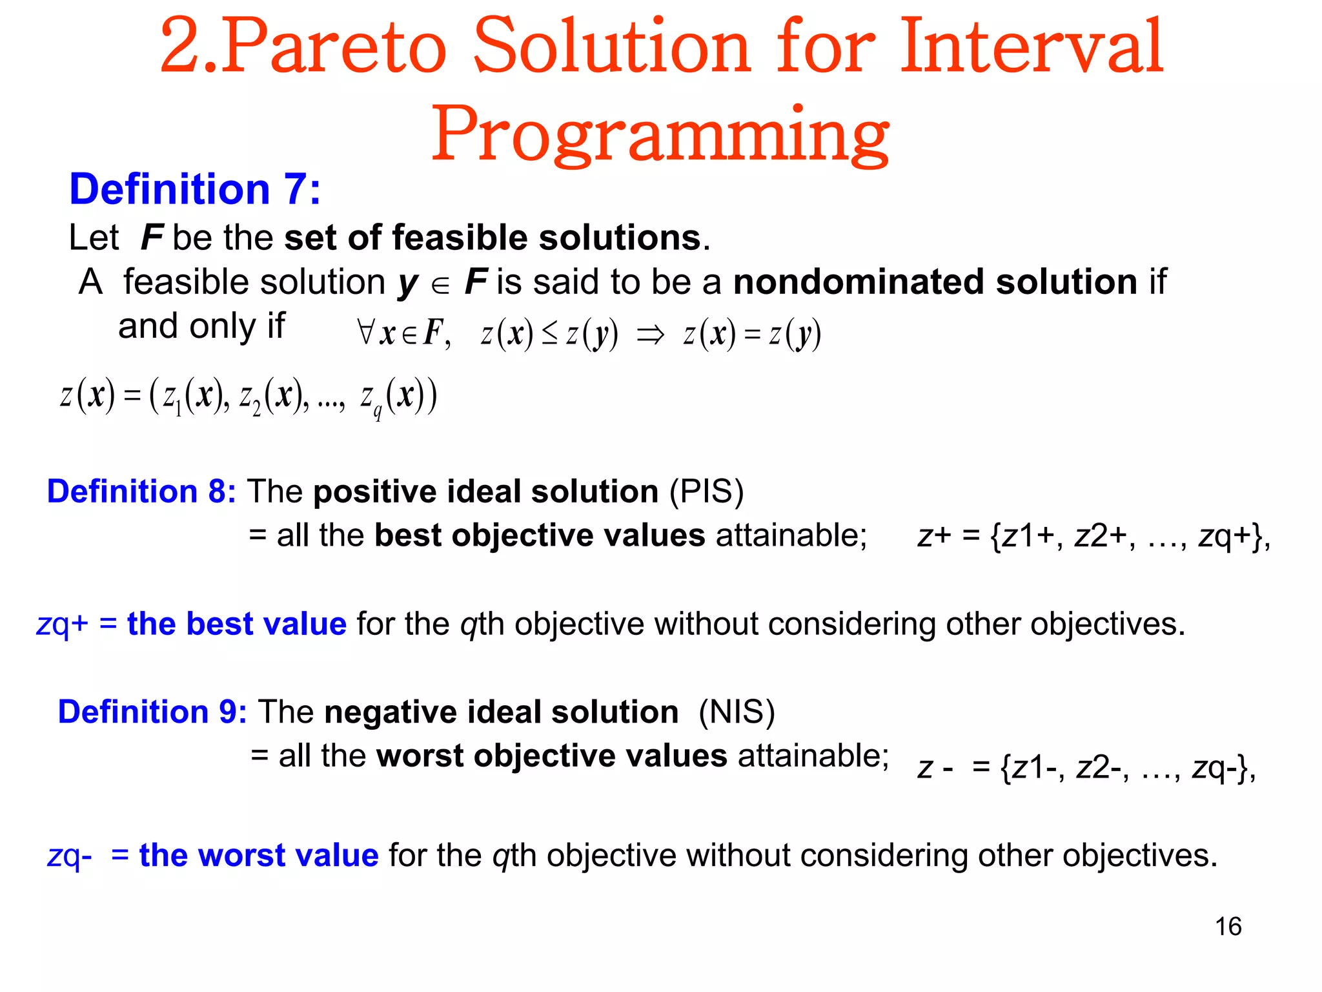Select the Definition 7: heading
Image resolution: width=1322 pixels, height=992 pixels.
coord(194,190)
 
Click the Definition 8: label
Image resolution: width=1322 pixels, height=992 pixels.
coord(141,491)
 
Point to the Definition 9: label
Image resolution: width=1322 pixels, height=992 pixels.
coord(152,712)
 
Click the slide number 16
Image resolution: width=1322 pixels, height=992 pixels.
coord(1228,926)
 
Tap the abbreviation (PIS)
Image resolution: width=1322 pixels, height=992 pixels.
coord(706,491)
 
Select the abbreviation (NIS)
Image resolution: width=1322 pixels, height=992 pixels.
coord(737,712)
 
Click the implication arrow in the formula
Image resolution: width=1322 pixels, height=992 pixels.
coord(649,335)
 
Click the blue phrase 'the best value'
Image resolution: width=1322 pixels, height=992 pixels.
coord(236,624)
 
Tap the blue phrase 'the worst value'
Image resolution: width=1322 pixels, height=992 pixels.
coord(258,855)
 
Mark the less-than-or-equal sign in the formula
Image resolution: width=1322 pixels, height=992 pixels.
coord(549,335)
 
